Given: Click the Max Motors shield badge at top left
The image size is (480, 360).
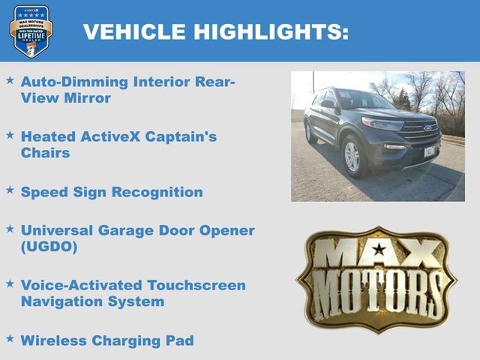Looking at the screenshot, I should (x=31, y=31).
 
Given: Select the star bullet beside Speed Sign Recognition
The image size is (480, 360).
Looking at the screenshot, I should (x=10, y=190).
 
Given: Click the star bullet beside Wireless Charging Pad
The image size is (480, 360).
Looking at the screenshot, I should (x=10, y=339).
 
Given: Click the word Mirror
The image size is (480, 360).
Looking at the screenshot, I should (x=86, y=97).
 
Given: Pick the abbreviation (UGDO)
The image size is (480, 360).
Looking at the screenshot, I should (x=49, y=247).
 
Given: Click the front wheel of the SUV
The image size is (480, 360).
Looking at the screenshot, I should (x=352, y=155).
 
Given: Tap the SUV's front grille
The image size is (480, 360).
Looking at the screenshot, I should (x=419, y=132).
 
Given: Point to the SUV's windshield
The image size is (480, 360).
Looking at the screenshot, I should (x=364, y=100).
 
